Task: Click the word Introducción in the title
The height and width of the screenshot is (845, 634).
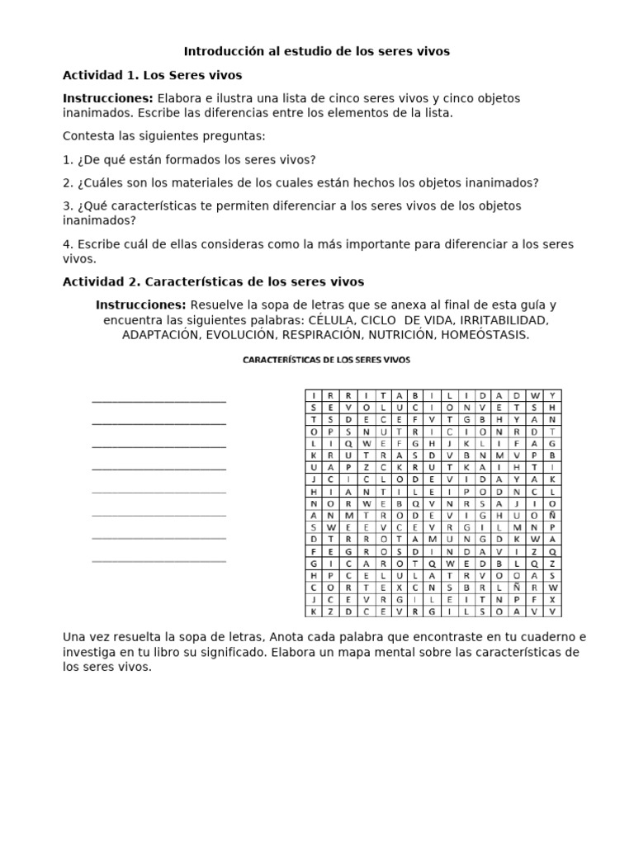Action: pos(220,51)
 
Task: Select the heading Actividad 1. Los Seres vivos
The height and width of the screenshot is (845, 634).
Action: pos(152,75)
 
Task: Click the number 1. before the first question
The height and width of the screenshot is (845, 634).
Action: pos(68,159)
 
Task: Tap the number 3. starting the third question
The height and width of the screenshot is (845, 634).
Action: pos(68,205)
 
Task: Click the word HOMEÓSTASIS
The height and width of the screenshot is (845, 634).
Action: pos(485,335)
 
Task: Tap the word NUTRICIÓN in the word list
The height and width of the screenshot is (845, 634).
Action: pos(390,335)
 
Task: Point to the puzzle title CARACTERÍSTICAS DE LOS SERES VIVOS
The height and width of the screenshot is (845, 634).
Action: pos(325,360)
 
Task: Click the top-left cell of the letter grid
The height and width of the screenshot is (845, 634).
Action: pos(314,394)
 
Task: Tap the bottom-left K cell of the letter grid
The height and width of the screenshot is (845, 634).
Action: pos(314,611)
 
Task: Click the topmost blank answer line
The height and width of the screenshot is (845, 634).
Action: pos(158,402)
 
